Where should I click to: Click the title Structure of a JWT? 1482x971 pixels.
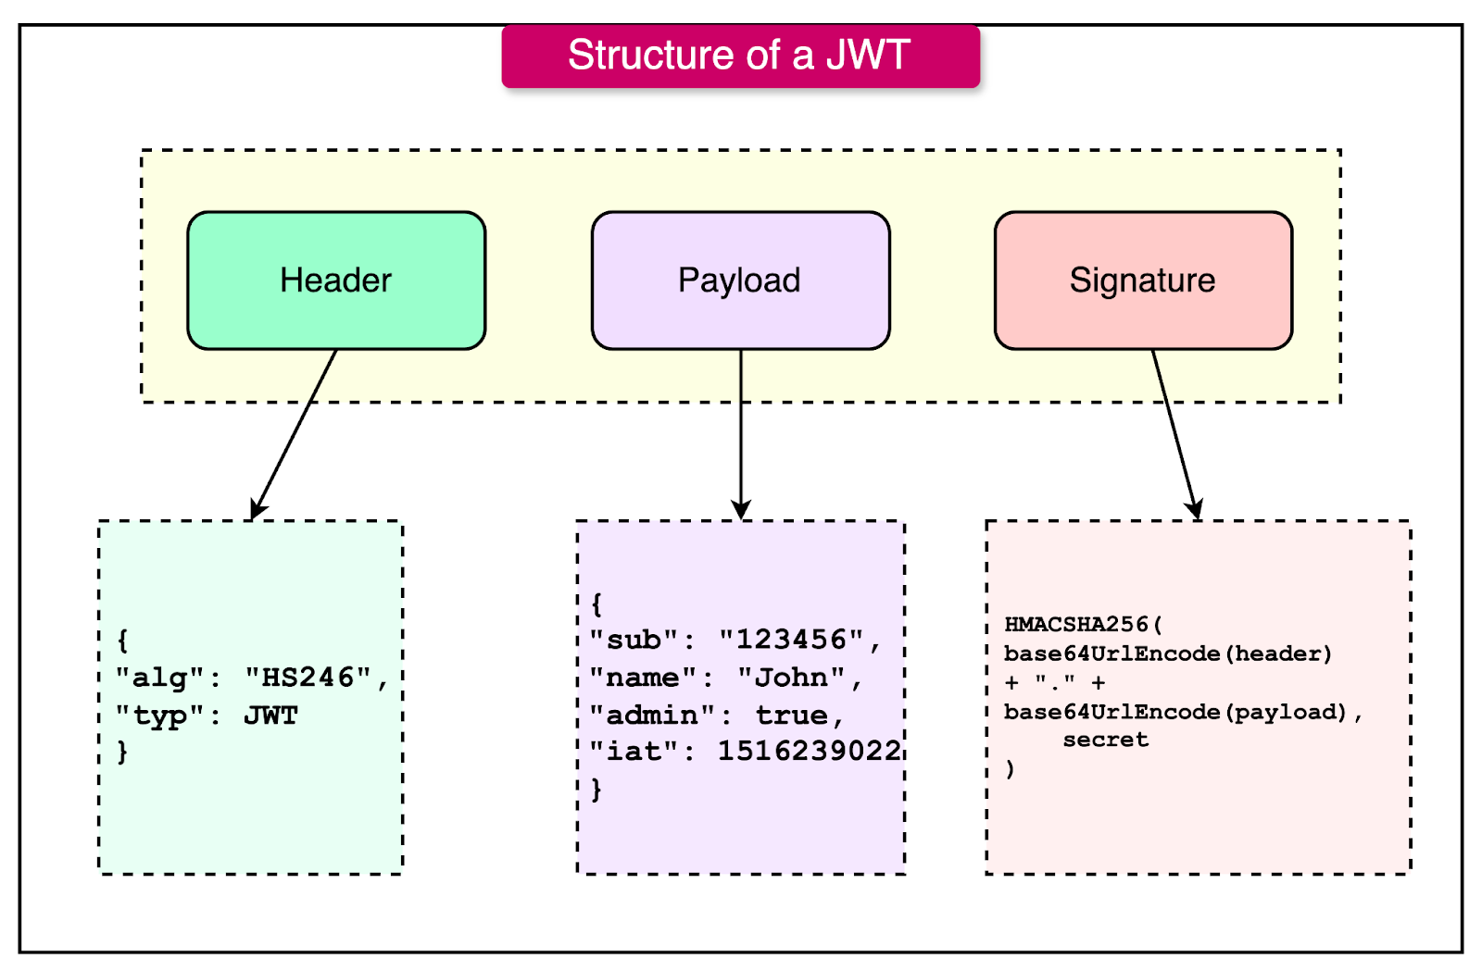pos(739,56)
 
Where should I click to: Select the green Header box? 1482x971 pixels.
pos(336,280)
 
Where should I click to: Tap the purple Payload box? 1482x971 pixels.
pos(740,280)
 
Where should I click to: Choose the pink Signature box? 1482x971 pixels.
pos(1143,280)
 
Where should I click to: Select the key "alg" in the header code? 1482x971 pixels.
pos(159,678)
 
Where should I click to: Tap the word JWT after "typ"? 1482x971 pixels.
pos(270,716)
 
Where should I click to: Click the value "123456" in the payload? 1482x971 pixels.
pos(792,640)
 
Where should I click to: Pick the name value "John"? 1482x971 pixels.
pos(791,678)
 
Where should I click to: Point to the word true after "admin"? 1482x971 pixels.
pos(792,715)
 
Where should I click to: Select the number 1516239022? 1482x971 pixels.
pos(809,751)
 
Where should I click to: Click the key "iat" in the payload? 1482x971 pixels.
pos(634,751)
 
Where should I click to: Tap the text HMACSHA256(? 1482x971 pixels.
pos(1083,625)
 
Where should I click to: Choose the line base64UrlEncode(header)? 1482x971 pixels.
pos(1167,654)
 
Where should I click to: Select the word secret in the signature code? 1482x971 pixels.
pos(1106,740)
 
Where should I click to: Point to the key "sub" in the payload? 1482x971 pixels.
pos(634,640)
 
